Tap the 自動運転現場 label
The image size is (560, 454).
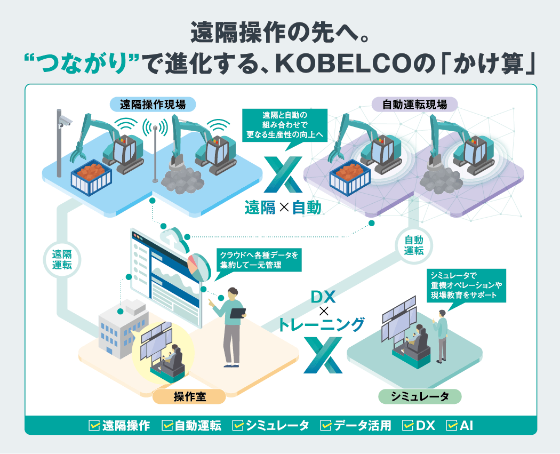pyautogui.click(x=414, y=104)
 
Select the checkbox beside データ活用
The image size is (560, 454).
pyautogui.click(x=326, y=425)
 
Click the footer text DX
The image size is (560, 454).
pyautogui.click(x=426, y=425)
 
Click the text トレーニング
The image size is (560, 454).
pyautogui.click(x=322, y=324)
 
